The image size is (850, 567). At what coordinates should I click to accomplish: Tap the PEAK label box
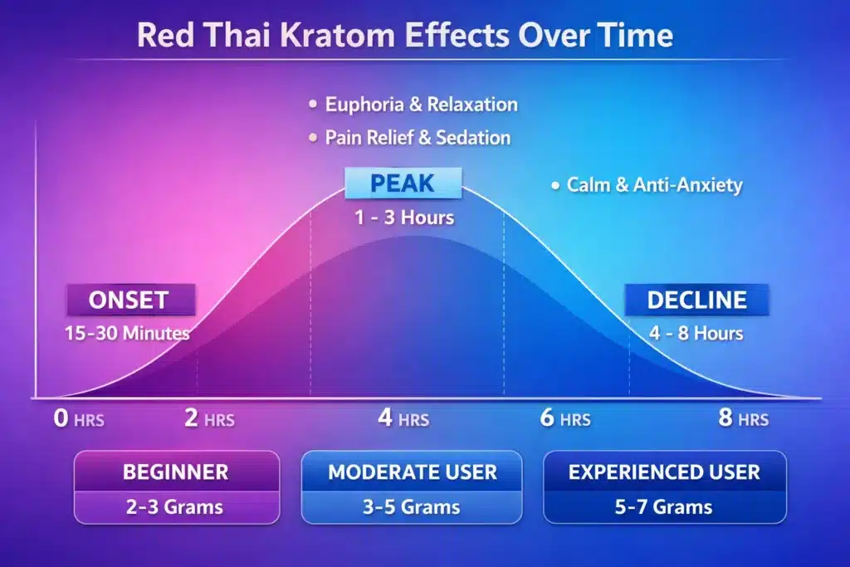pyautogui.click(x=403, y=183)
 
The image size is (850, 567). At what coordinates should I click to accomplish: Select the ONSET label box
pyautogui.click(x=129, y=300)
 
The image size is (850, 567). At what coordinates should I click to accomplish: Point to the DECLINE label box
pyautogui.click(x=697, y=300)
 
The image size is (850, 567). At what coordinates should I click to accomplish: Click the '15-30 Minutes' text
pyautogui.click(x=127, y=334)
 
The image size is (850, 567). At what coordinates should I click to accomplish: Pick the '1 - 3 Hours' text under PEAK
pyautogui.click(x=403, y=218)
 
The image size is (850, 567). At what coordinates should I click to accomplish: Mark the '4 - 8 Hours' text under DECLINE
pyautogui.click(x=696, y=334)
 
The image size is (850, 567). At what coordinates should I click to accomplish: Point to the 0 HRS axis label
pyautogui.click(x=79, y=418)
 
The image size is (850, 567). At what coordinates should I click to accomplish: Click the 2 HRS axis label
pyautogui.click(x=208, y=418)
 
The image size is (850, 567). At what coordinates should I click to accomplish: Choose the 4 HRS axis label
pyautogui.click(x=403, y=418)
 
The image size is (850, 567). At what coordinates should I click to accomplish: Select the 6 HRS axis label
pyautogui.click(x=565, y=418)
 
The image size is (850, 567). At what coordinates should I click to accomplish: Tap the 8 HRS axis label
pyautogui.click(x=744, y=418)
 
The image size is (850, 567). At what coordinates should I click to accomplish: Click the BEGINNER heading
pyautogui.click(x=175, y=472)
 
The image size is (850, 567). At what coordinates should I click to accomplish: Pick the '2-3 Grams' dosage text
pyautogui.click(x=175, y=506)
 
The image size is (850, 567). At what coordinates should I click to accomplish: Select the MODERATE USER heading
pyautogui.click(x=412, y=472)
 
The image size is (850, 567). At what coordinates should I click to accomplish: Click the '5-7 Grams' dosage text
pyautogui.click(x=664, y=506)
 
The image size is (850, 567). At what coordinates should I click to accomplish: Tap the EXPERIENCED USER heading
pyautogui.click(x=664, y=472)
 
